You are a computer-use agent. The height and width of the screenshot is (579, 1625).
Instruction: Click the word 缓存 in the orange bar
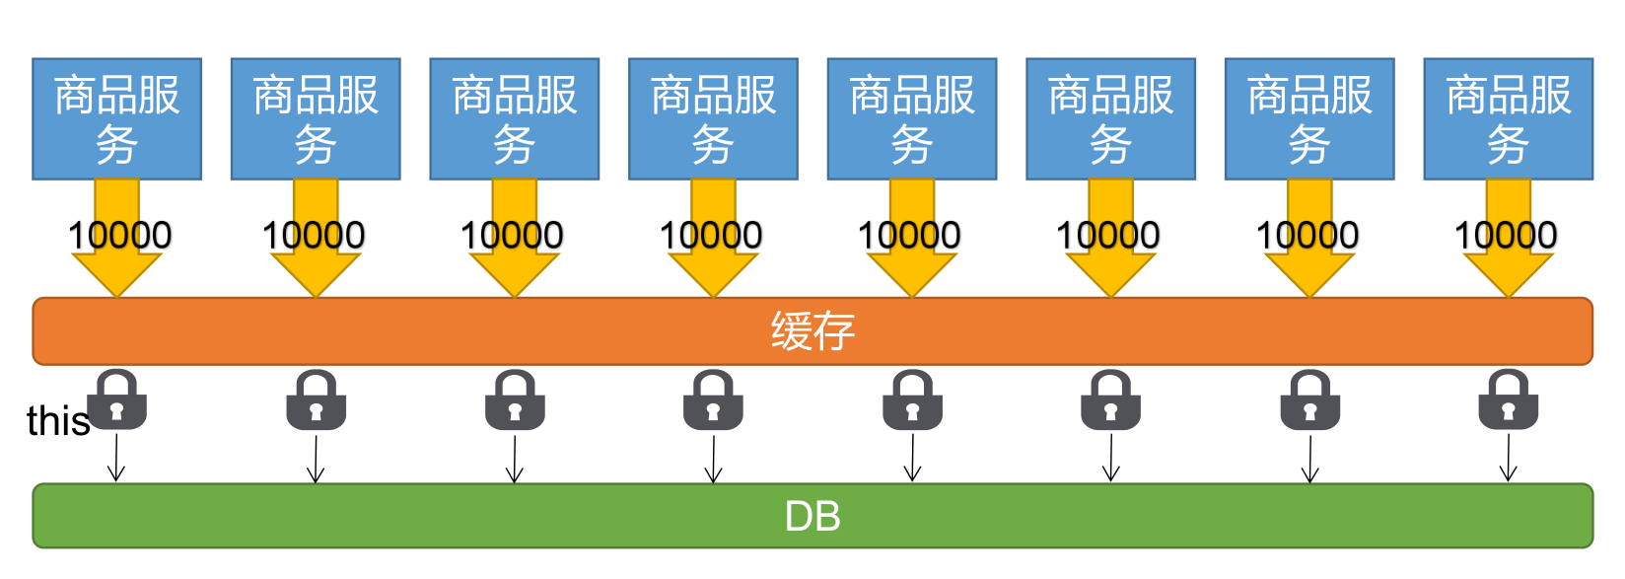pos(812,331)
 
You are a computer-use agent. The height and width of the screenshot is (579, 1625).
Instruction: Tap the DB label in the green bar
pos(812,516)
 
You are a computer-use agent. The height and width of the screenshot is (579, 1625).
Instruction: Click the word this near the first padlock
pos(57,421)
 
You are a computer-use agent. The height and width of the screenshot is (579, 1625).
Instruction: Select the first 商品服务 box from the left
pos(116,119)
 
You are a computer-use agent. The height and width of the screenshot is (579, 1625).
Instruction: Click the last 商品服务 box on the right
pos(1508,119)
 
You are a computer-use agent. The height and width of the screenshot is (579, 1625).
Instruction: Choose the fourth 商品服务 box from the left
pos(713,119)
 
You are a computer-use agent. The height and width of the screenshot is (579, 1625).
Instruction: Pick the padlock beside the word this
pos(117,400)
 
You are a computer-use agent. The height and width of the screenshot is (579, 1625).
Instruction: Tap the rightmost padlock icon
pos(1508,400)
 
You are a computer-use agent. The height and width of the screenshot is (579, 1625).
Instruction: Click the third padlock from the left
pos(515,400)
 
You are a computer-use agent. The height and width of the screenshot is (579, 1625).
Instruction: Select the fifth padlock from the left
pos(912,400)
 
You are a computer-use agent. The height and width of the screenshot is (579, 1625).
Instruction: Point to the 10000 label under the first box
pos(119,236)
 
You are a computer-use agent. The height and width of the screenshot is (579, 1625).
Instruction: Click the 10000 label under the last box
pos(1506,236)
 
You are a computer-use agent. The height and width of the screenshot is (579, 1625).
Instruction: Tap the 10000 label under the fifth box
pos(909,236)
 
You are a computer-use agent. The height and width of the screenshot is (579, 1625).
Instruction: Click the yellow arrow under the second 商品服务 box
pos(316,272)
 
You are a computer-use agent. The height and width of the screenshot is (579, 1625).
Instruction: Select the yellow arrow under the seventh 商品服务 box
pos(1309,272)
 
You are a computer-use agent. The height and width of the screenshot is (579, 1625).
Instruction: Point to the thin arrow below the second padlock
pos(316,459)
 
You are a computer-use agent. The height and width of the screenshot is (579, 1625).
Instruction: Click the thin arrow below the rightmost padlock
pos(1508,459)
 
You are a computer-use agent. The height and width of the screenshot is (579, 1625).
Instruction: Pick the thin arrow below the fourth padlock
pos(713,459)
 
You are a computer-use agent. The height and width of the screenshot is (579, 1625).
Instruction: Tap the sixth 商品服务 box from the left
pos(1110,119)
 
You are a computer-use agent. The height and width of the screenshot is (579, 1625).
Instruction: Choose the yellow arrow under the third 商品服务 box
pos(515,272)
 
